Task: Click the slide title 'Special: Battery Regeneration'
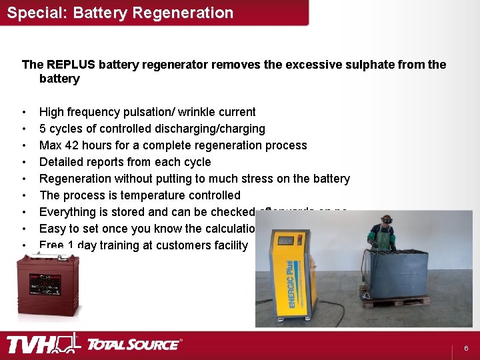120,13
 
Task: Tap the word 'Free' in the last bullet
51,245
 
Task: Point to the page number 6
466,349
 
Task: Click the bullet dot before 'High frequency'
24,112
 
